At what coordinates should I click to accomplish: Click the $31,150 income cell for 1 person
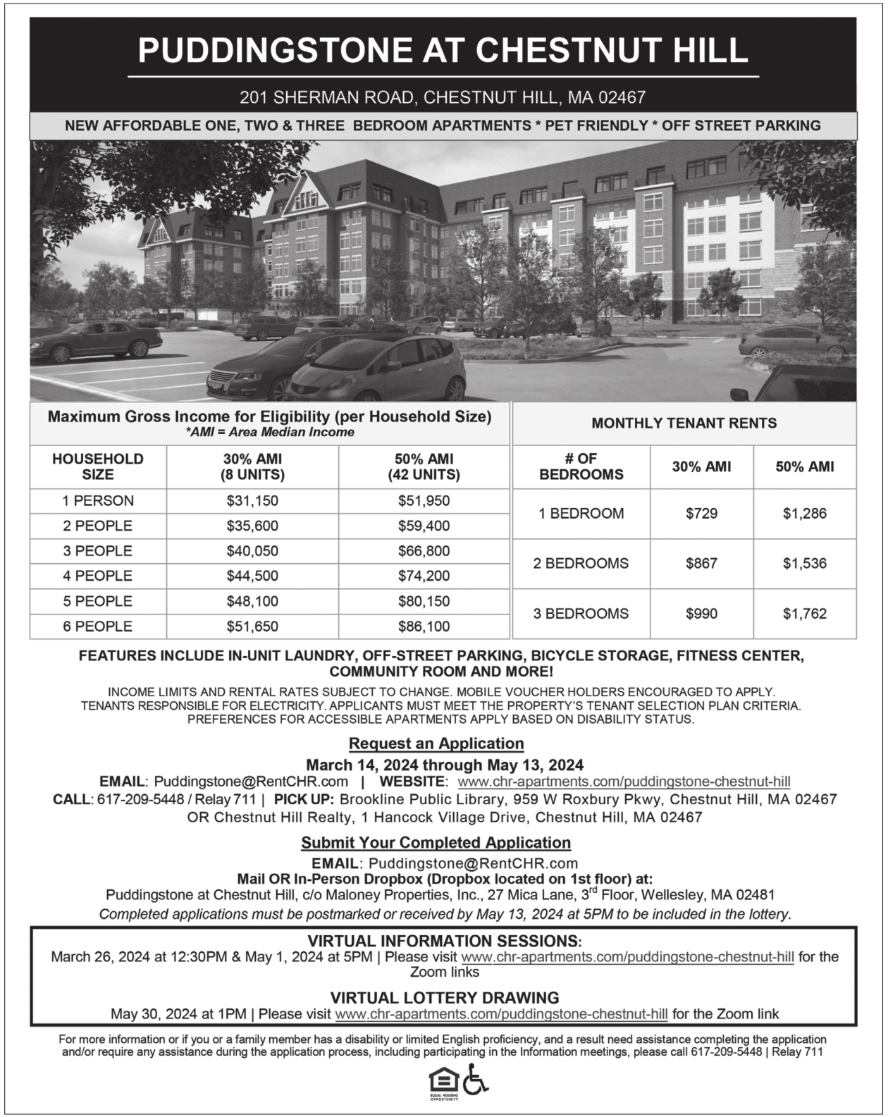click(252, 501)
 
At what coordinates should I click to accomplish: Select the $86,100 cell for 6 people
click(424, 627)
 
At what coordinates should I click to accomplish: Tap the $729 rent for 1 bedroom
click(701, 514)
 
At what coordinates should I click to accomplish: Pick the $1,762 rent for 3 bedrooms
click(804, 614)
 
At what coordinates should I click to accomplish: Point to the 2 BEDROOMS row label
click(581, 564)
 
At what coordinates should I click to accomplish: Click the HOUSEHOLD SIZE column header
click(98, 467)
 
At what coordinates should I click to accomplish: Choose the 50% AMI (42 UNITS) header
click(424, 467)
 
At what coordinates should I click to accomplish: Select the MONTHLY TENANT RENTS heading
click(684, 424)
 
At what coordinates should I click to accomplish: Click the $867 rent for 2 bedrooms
click(701, 564)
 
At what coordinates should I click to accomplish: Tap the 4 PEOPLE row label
click(98, 576)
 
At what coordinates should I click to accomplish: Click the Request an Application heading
click(436, 743)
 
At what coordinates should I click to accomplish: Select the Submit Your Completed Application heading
click(436, 843)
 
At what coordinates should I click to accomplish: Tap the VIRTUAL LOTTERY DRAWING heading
click(444, 998)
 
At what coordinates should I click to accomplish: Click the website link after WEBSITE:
click(624, 782)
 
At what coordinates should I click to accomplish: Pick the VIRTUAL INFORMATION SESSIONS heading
click(444, 942)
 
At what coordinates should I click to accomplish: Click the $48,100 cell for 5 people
click(252, 602)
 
